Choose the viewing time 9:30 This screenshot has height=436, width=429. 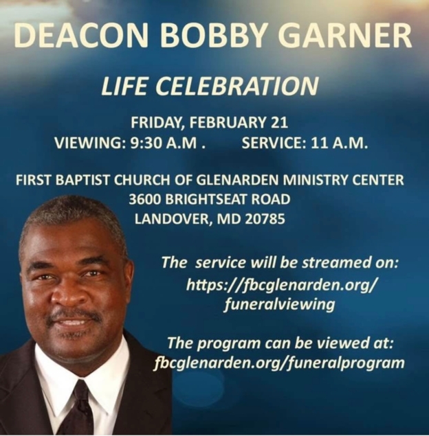pyautogui.click(x=146, y=144)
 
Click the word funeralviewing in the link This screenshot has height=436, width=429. pyautogui.click(x=280, y=304)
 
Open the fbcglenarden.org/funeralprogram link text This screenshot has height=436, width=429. pyautogui.click(x=279, y=363)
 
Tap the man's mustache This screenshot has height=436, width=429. pyautogui.click(x=74, y=316)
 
